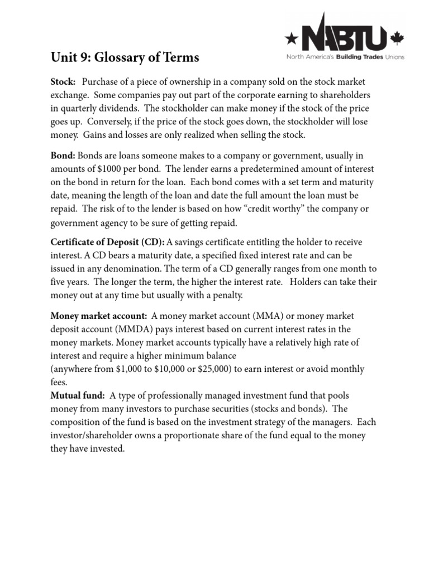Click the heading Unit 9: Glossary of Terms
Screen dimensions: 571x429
pos(125,57)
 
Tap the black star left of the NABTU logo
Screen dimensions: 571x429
pos(292,38)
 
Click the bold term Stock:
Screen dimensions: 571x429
pos(63,81)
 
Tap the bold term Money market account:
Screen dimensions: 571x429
pos(99,316)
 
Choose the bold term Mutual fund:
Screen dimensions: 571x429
pos(78,395)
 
